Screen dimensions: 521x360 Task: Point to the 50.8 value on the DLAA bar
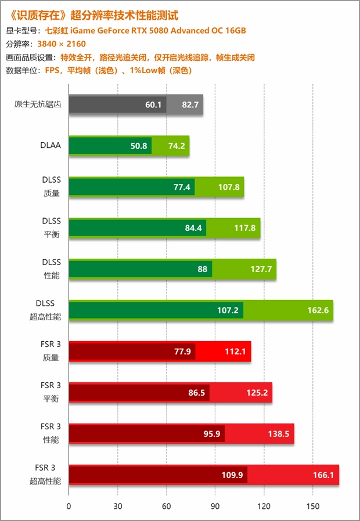click(x=139, y=146)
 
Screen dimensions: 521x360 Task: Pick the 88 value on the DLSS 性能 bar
click(x=202, y=269)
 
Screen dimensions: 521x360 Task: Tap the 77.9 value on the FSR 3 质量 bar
click(x=183, y=352)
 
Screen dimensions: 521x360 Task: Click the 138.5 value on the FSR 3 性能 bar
click(x=279, y=434)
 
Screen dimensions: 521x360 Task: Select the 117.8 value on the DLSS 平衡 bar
click(x=245, y=228)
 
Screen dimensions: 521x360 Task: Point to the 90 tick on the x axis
click(x=215, y=506)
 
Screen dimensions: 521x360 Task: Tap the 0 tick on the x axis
click(x=69, y=506)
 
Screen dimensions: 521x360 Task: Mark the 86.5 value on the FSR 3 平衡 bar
click(x=197, y=393)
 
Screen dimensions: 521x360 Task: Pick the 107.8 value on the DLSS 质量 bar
click(x=229, y=187)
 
